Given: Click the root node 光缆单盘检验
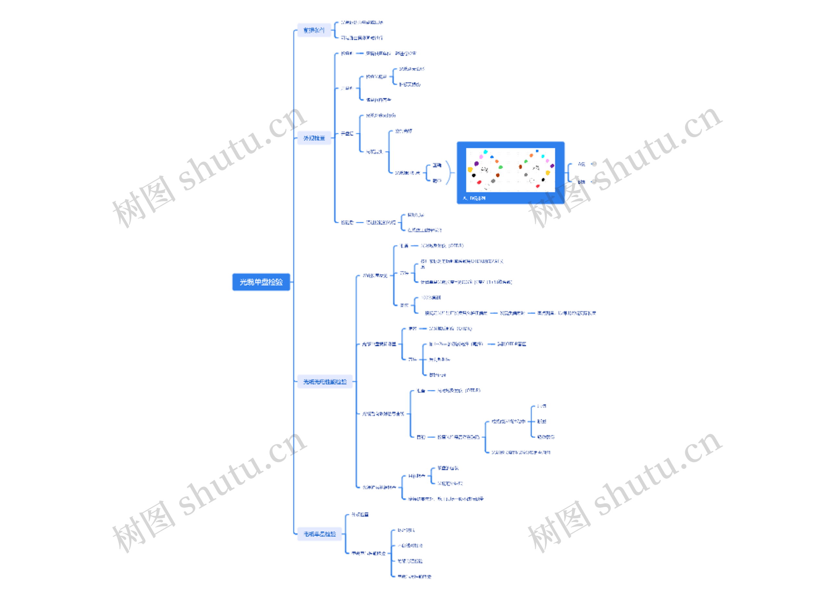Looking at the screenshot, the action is [x=261, y=282].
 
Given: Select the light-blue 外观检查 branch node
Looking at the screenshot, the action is [x=314, y=138].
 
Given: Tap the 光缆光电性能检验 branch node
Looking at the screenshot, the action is [x=325, y=382].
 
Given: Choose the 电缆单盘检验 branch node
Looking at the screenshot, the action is [x=319, y=534].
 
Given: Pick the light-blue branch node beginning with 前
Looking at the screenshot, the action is [x=314, y=30].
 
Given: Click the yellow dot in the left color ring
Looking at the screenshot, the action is [x=470, y=169].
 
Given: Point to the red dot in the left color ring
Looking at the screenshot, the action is [x=479, y=182].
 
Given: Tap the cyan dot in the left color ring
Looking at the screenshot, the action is [x=486, y=151].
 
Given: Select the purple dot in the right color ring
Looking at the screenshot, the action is [x=552, y=166].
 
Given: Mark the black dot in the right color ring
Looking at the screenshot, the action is [x=543, y=180].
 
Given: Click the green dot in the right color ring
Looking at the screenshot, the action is [x=526, y=162].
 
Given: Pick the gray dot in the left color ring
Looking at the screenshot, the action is [x=493, y=180].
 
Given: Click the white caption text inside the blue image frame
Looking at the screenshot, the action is [x=474, y=198].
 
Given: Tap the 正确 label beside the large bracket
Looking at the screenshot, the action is [x=437, y=165].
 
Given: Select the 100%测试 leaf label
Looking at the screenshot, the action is [x=430, y=297].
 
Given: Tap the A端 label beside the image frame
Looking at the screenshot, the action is [x=581, y=164].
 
